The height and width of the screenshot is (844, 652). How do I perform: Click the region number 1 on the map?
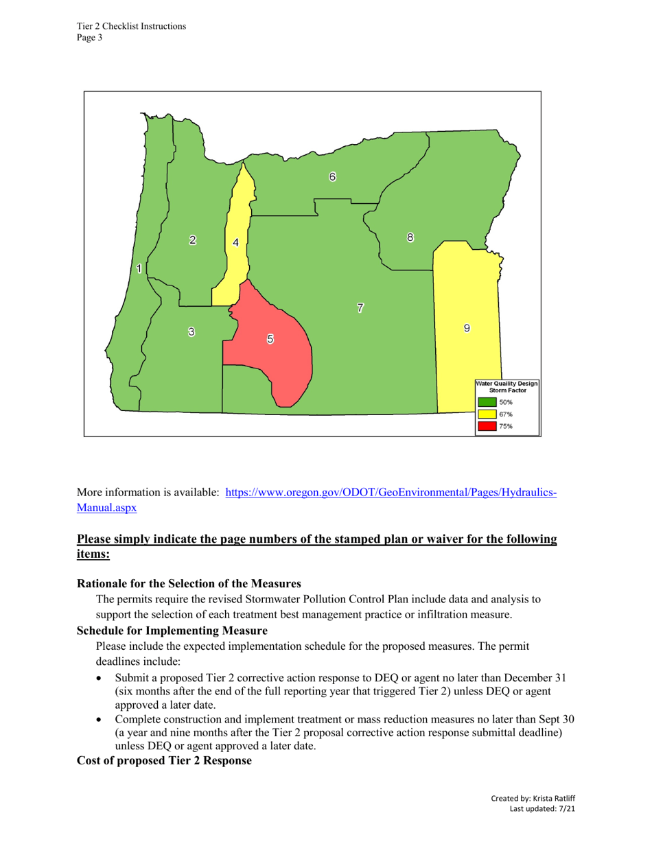pyautogui.click(x=139, y=269)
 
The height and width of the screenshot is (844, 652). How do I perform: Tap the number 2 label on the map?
pyautogui.click(x=193, y=239)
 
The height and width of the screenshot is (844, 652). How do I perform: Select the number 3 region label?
pyautogui.click(x=191, y=332)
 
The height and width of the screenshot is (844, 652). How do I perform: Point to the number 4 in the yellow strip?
pyautogui.click(x=235, y=242)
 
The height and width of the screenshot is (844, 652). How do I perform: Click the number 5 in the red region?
pyautogui.click(x=270, y=338)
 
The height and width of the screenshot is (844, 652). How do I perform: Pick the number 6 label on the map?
pyautogui.click(x=332, y=176)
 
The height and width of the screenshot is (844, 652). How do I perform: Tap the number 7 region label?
pyautogui.click(x=360, y=307)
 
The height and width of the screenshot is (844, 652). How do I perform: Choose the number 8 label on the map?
pyautogui.click(x=410, y=237)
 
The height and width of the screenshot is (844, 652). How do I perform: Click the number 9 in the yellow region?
pyautogui.click(x=467, y=328)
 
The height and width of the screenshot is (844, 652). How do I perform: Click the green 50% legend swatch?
pyautogui.click(x=487, y=402)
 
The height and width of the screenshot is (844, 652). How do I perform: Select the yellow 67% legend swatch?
pyautogui.click(x=487, y=414)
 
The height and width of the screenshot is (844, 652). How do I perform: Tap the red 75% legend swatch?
pyautogui.click(x=487, y=426)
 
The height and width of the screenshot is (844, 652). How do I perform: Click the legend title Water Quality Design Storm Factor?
pyautogui.click(x=508, y=386)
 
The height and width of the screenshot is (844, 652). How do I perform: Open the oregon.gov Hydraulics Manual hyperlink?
pyautogui.click(x=391, y=493)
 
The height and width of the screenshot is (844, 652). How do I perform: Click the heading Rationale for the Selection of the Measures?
pyautogui.click(x=189, y=584)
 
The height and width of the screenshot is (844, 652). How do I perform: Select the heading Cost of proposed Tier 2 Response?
pyautogui.click(x=164, y=761)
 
